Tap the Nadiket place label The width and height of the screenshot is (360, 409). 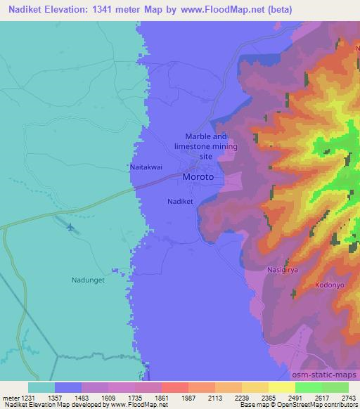pyautogui.click(x=180, y=201)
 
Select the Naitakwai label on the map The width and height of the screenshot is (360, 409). pyautogui.click(x=147, y=168)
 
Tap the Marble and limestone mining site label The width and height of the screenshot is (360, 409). pyautogui.click(x=206, y=146)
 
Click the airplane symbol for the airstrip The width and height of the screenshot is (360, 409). pyautogui.click(x=70, y=227)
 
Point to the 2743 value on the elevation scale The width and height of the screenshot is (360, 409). pyautogui.click(x=348, y=398)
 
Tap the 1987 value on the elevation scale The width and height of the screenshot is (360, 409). pyautogui.click(x=188, y=398)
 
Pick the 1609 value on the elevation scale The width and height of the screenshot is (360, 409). pyautogui.click(x=108, y=398)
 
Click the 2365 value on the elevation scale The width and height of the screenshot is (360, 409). pyautogui.click(x=268, y=398)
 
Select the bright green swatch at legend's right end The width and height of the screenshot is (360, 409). pyautogui.click(x=335, y=387)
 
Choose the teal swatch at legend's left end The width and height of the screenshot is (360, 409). pyautogui.click(x=41, y=387)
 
